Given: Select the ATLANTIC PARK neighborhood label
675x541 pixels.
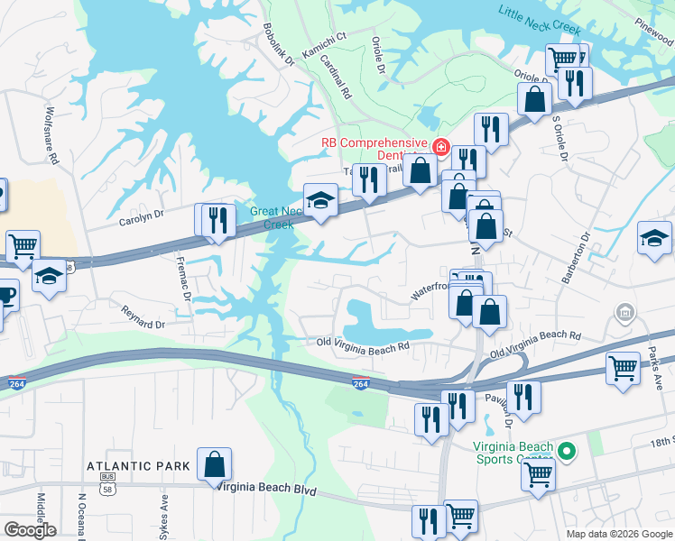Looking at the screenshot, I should [x=138, y=466].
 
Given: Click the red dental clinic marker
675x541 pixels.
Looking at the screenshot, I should [x=441, y=146].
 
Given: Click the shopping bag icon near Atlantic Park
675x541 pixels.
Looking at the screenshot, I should [x=215, y=465].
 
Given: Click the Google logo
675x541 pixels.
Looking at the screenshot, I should [x=30, y=530].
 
